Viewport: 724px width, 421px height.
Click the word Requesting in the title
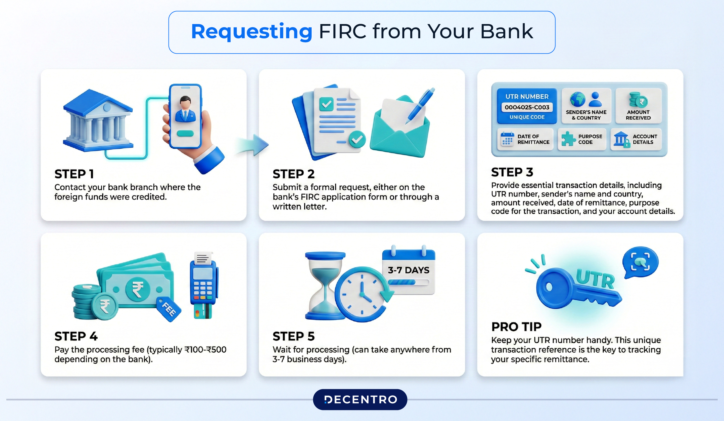[251, 32]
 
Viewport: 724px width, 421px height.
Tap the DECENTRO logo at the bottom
[360, 400]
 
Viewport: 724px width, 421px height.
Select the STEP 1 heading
[74, 174]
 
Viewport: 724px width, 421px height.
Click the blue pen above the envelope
[421, 105]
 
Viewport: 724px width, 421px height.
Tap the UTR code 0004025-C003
[527, 107]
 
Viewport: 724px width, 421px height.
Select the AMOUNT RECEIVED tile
[638, 106]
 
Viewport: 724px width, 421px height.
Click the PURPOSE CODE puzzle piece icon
[568, 139]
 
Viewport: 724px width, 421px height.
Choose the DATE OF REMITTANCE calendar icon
[507, 139]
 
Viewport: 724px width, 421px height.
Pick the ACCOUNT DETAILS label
[645, 139]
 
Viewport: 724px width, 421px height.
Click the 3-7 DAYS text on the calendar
[408, 270]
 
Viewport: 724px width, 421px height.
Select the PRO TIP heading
[516, 327]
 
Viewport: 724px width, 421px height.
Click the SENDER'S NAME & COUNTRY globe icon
[577, 99]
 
